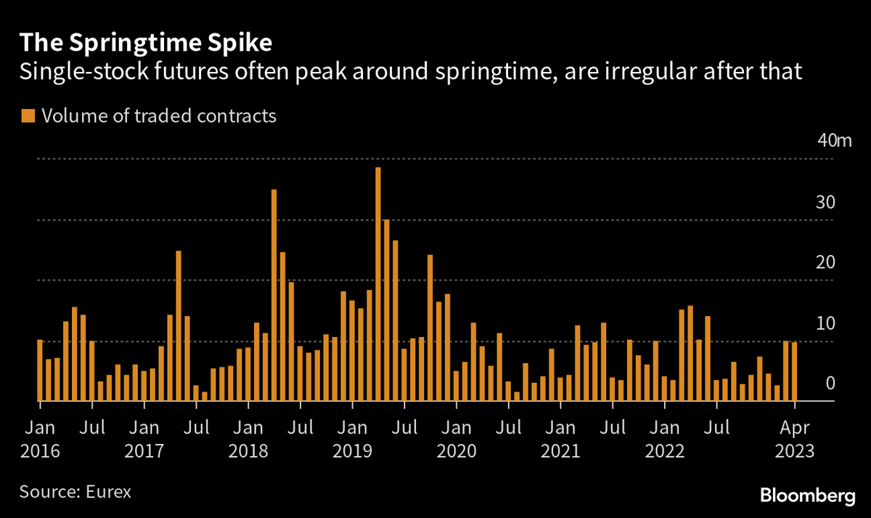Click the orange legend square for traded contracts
pos(28,116)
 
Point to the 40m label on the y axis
pos(834,141)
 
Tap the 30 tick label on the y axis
pos(826,202)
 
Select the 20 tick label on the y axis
pos(826,263)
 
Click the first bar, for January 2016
pos(40,370)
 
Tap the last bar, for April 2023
pos(795,371)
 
